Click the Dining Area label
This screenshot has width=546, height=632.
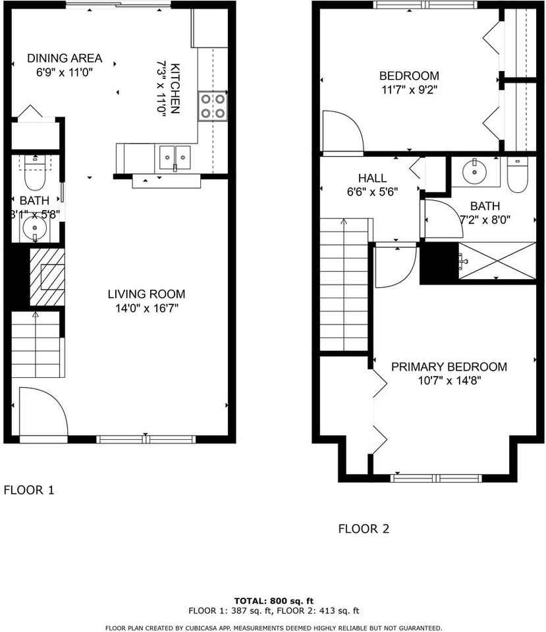coord(65,59)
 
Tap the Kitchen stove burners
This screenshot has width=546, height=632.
coord(213,106)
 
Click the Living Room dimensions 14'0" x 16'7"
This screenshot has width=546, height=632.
coord(147,308)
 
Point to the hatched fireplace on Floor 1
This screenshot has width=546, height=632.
coord(47,276)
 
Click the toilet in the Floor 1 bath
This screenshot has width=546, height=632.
coord(35,173)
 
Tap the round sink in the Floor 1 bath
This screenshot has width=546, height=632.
coord(35,228)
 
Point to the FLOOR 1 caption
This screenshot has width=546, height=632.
coord(28,490)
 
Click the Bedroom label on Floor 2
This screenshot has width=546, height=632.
coord(409,76)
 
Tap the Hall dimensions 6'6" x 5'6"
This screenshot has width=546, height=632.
coord(373,192)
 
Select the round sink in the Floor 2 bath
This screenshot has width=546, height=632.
coord(475,172)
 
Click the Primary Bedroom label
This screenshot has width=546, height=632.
coord(449,367)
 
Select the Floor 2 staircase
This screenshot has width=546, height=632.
coord(344,284)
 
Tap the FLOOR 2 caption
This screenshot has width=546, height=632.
coord(364,529)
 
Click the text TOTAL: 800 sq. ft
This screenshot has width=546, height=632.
coord(274,601)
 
